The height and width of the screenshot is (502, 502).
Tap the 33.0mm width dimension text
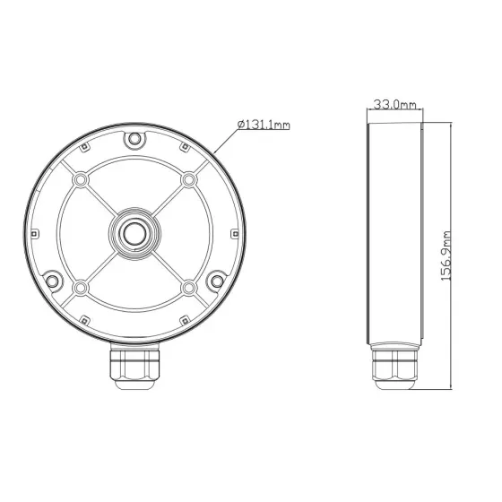pyautogui.click(x=394, y=106)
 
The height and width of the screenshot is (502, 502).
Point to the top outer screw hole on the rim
pyautogui.click(x=134, y=140)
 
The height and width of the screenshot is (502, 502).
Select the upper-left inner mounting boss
pyautogui.click(x=82, y=180)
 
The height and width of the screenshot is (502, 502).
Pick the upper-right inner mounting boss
pyautogui.click(x=188, y=180)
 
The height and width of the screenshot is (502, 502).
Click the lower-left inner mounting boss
pyautogui.click(x=82, y=287)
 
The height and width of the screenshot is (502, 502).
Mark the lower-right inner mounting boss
pyautogui.click(x=188, y=287)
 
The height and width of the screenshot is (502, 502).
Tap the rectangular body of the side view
pyautogui.click(x=394, y=234)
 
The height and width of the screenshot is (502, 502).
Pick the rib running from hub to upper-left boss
pyautogui.click(x=101, y=200)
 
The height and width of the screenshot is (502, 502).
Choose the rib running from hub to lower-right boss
pyautogui.click(x=169, y=267)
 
